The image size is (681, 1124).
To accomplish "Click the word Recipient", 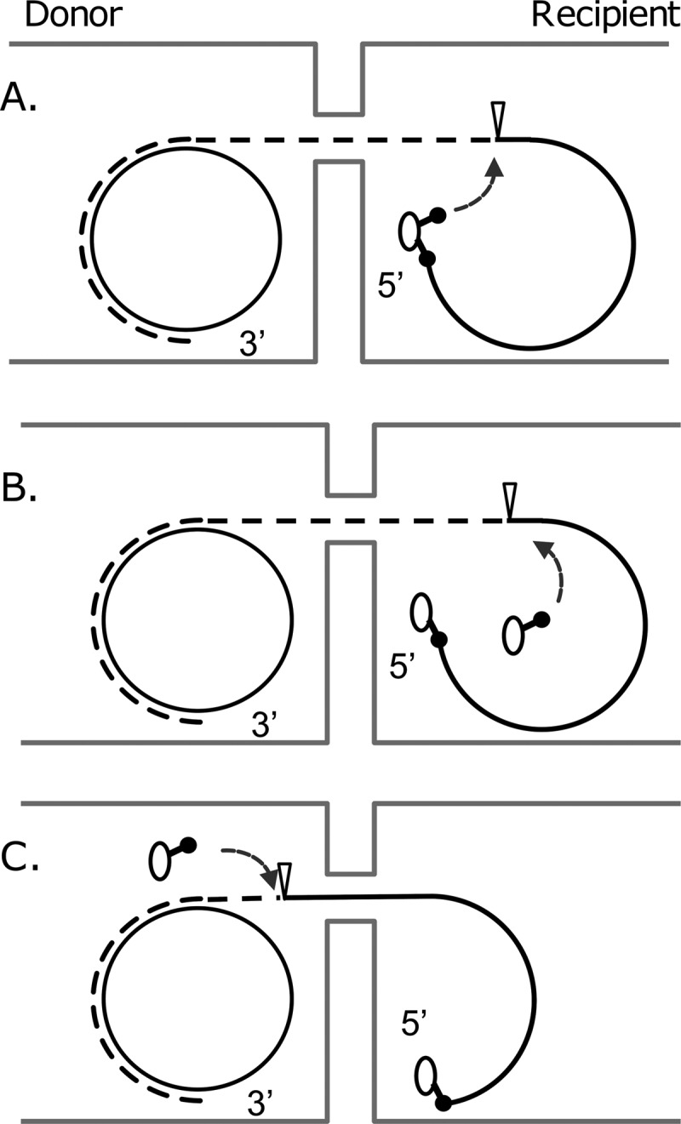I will [605, 17].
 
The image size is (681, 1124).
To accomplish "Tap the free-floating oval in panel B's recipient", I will [512, 635].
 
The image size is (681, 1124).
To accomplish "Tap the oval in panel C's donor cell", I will [159, 860].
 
